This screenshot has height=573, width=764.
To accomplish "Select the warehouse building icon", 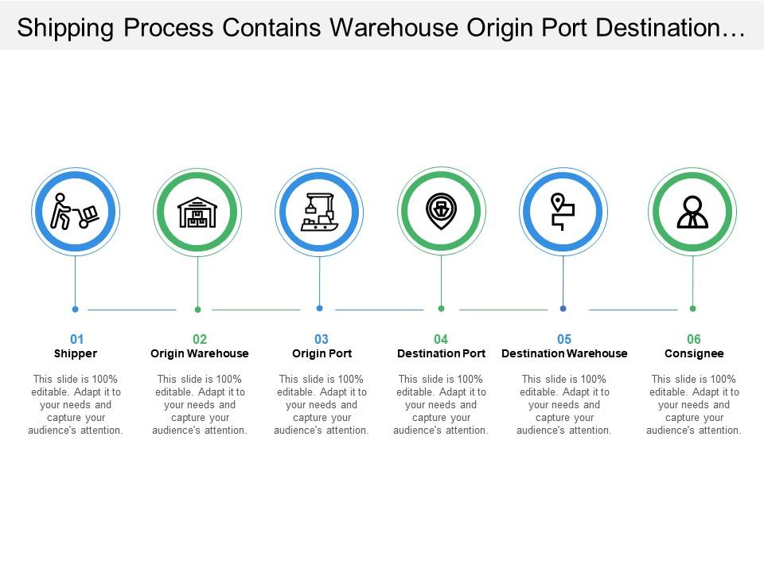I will (x=197, y=212).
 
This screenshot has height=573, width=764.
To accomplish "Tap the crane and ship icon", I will (x=319, y=212).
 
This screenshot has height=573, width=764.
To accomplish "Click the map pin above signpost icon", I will (x=563, y=212).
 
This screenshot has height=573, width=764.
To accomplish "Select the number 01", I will (x=76, y=339).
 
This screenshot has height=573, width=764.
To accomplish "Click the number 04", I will (x=441, y=339).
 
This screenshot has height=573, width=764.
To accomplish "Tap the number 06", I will (x=694, y=339).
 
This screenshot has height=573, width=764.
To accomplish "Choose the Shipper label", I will (x=76, y=353).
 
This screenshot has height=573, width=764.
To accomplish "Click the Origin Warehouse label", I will (x=200, y=353).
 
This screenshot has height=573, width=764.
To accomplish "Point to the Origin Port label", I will (x=322, y=353).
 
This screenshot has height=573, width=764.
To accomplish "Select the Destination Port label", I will (x=441, y=353).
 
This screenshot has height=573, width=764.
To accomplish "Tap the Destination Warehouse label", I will (x=564, y=353).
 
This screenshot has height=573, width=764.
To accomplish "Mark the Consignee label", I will (x=694, y=353).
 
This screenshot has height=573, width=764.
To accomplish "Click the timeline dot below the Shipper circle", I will (x=75, y=309).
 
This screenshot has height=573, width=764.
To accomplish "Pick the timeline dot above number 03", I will (x=319, y=308).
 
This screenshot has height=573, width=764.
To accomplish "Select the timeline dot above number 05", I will (x=563, y=308).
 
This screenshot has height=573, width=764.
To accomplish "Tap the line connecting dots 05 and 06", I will (x=633, y=310).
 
